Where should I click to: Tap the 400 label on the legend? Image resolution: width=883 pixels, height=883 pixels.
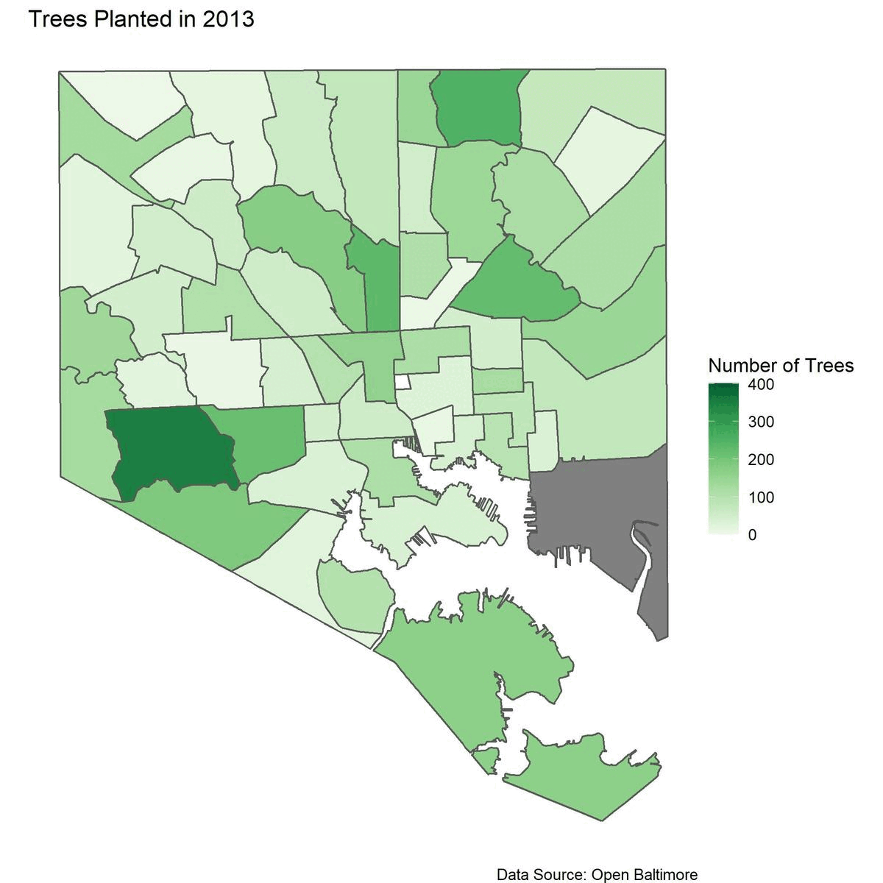tap(762, 385)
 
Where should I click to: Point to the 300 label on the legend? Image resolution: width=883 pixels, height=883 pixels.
tap(762, 422)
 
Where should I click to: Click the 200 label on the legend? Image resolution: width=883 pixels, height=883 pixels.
tap(762, 460)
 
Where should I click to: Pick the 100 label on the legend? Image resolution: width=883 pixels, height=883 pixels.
tap(762, 497)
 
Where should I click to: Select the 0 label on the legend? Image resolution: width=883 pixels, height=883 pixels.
tap(752, 535)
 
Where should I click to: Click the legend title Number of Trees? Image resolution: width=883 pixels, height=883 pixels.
tap(780, 365)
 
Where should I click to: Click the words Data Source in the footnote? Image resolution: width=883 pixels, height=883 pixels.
tap(541, 874)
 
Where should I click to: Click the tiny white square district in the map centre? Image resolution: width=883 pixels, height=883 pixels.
tap(403, 382)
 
